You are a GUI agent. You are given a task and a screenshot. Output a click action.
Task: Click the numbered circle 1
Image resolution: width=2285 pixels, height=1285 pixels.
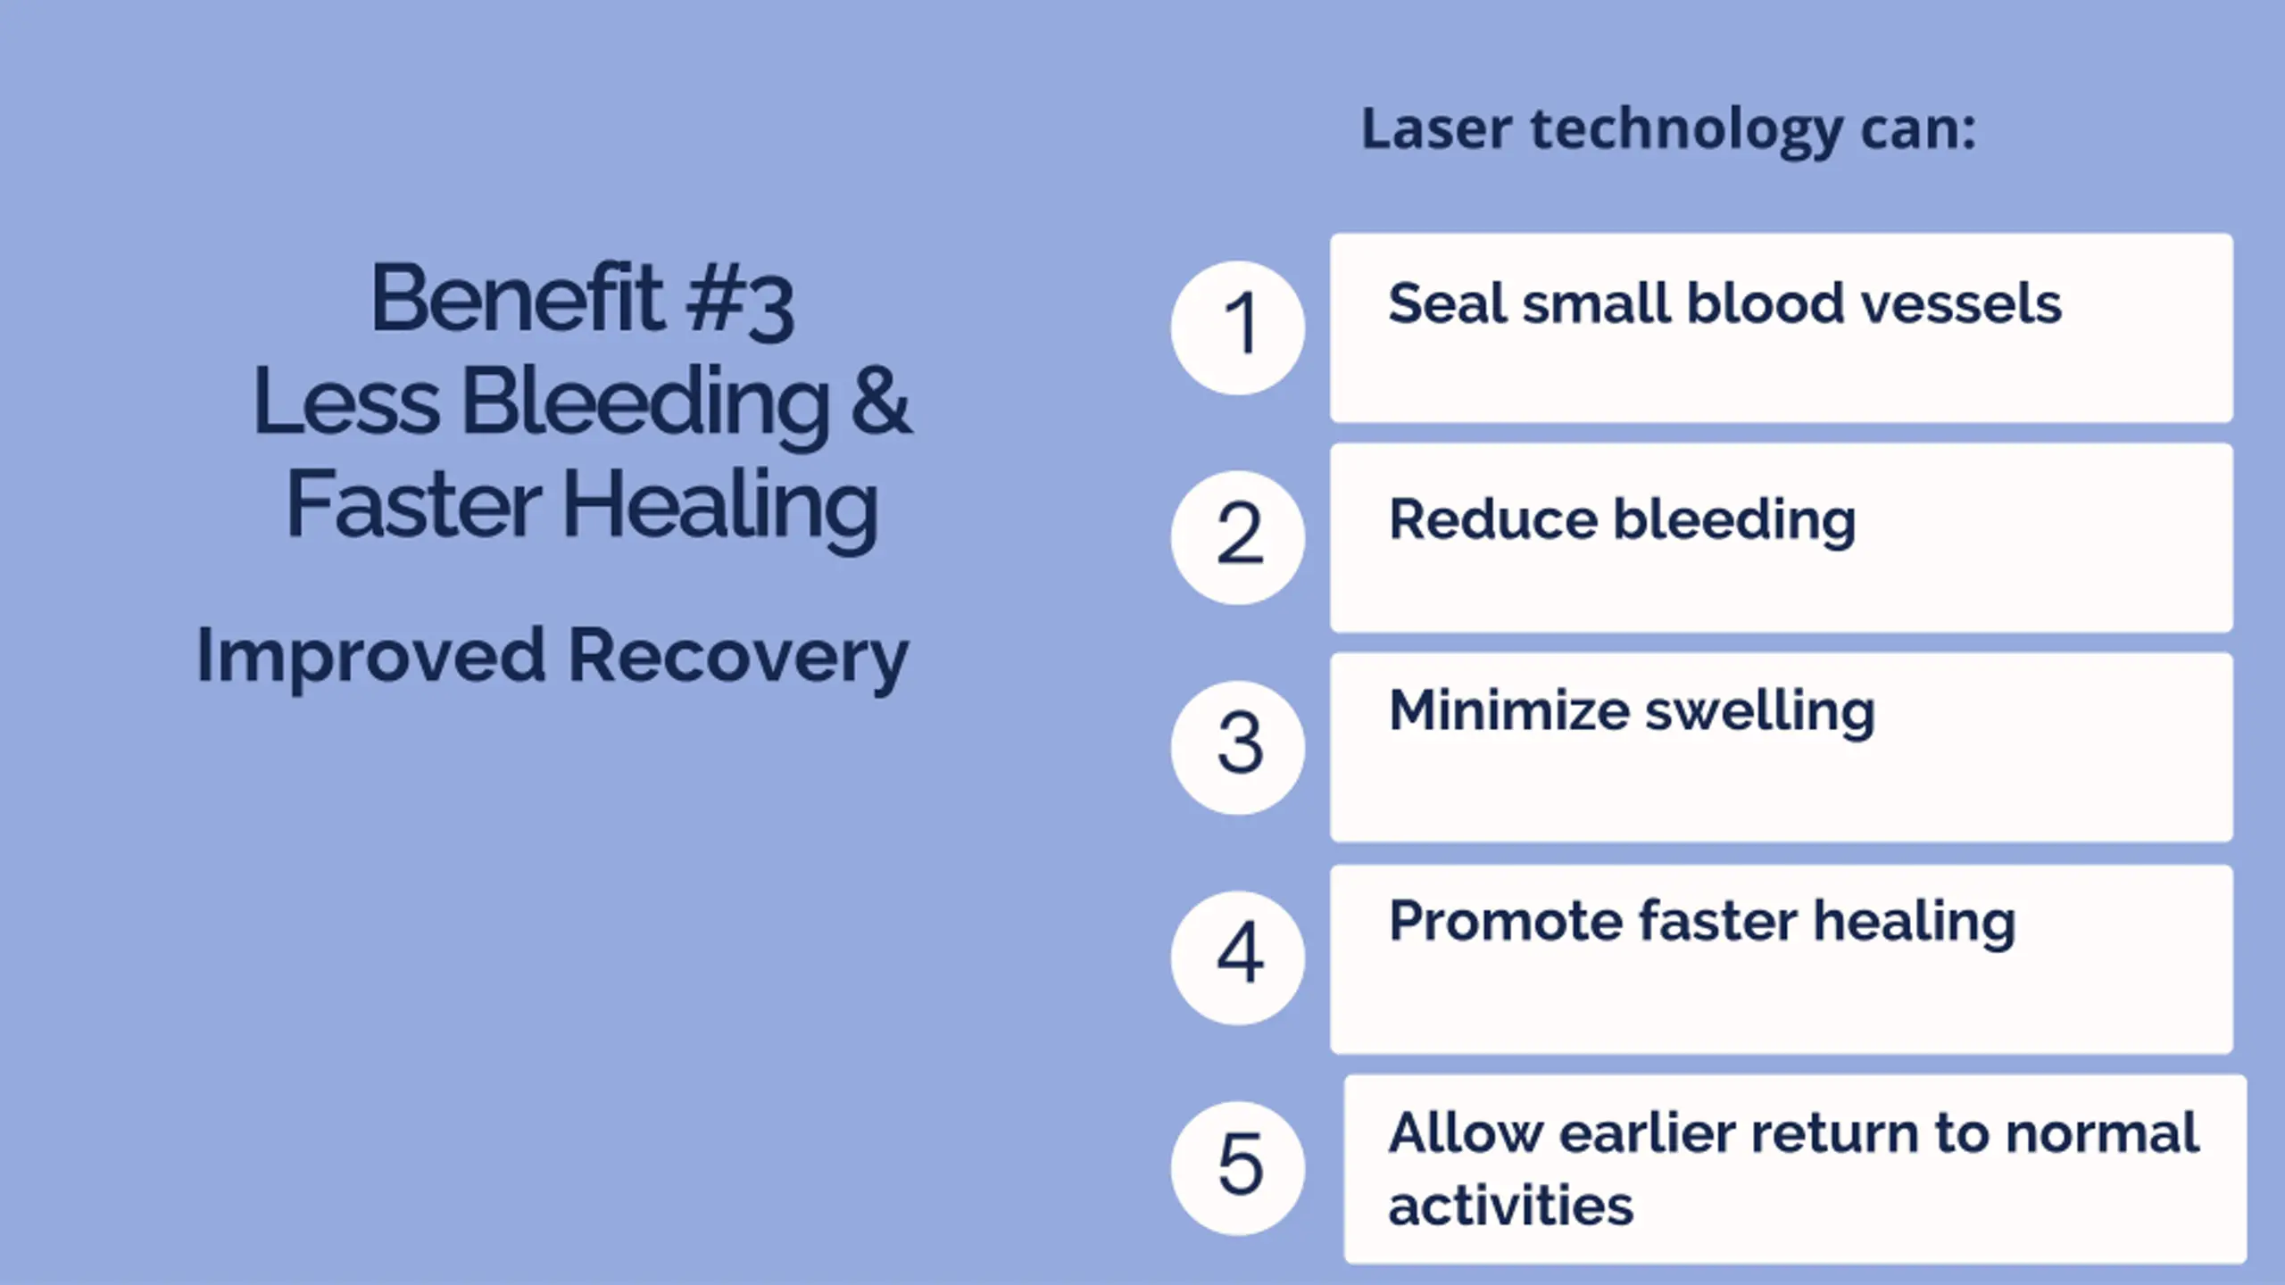[1238, 327]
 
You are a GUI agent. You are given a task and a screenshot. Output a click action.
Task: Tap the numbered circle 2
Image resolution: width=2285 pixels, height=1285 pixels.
[1238, 537]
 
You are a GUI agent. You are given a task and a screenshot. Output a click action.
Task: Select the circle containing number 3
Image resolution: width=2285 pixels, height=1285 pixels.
[1238, 747]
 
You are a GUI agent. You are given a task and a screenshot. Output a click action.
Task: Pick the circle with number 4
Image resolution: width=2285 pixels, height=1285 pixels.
[1238, 958]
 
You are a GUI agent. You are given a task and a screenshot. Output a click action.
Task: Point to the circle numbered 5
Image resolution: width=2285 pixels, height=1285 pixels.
[1238, 1168]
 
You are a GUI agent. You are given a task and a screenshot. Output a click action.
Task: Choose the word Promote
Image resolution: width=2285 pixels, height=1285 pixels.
[1504, 921]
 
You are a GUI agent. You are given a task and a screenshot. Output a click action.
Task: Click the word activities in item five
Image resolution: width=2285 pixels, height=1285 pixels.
[1510, 1206]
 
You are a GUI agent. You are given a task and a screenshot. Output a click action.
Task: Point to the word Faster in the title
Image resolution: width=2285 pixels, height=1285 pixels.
[414, 504]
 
